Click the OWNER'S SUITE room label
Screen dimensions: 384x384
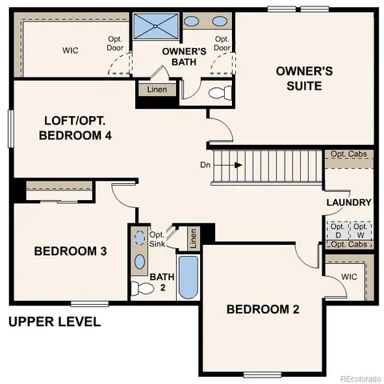click(304, 78)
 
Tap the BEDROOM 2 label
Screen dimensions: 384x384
click(262, 309)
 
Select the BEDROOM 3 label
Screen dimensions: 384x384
click(70, 251)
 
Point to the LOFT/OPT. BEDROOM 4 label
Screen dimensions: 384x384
click(75, 128)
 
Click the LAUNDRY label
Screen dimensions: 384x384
click(349, 202)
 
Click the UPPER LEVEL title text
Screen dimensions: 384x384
click(54, 322)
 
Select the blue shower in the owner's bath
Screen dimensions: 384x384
click(154, 26)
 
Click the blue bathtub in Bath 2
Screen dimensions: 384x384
click(187, 277)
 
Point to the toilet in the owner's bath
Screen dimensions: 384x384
click(217, 94)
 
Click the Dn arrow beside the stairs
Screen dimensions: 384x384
click(237, 166)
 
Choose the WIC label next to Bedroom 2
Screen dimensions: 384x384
click(349, 277)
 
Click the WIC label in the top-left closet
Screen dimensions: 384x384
click(70, 50)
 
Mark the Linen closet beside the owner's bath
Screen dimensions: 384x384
click(156, 90)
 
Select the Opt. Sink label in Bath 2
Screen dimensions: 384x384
click(158, 238)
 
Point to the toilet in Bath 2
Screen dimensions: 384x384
click(139, 286)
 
